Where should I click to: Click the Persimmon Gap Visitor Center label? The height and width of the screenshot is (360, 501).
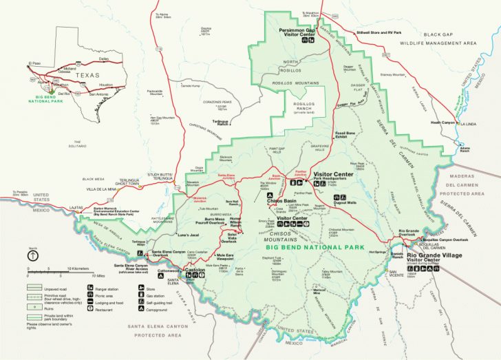(297, 32)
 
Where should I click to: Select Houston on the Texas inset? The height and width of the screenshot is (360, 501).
(106, 85)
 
